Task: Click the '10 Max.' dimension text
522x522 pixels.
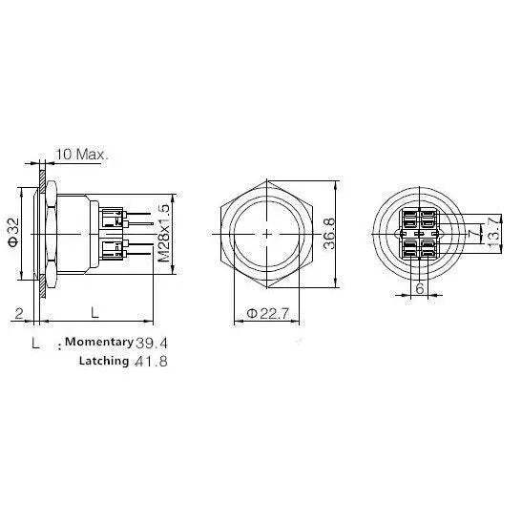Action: coord(82,154)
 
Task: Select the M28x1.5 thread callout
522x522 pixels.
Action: coord(163,233)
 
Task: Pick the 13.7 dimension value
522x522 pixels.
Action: coord(493,231)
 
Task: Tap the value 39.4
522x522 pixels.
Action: coord(157,342)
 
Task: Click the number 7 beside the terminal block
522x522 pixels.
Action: coord(472,232)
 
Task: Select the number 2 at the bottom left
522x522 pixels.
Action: coord(19,312)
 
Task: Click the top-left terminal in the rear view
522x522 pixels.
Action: coord(408,218)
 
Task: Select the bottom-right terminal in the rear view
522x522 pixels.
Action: coord(429,249)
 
